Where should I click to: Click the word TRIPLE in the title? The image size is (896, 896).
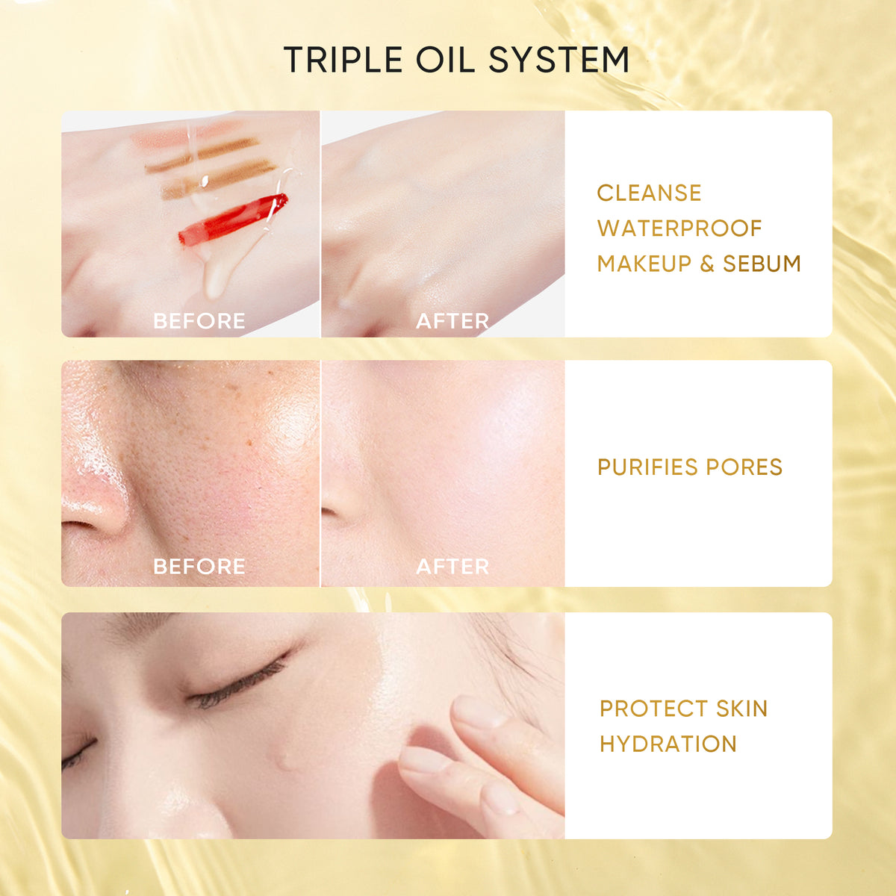[343, 60]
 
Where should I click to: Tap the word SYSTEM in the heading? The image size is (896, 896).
[559, 60]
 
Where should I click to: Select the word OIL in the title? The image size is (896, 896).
[446, 60]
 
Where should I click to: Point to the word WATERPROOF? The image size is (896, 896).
[679, 228]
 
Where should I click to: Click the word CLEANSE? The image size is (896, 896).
[649, 193]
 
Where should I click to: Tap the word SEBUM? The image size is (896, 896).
[762, 264]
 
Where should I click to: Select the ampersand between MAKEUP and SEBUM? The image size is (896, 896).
[707, 264]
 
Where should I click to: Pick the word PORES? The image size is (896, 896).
[744, 467]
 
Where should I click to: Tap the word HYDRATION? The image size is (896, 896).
[668, 744]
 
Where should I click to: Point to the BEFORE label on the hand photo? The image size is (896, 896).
[199, 321]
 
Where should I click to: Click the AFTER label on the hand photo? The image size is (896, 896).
[452, 321]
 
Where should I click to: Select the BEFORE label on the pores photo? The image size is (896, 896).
[199, 566]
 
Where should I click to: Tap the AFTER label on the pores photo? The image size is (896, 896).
[452, 566]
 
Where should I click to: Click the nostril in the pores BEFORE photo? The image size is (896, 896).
[77, 526]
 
